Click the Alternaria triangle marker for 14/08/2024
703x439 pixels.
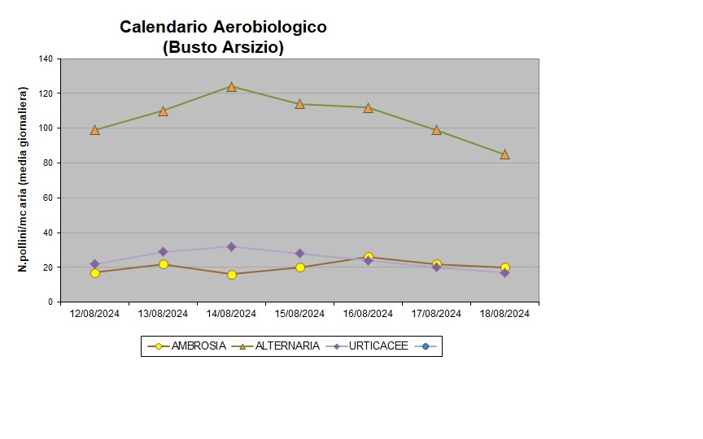tap(232, 86)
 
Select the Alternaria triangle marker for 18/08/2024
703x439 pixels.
tap(505, 154)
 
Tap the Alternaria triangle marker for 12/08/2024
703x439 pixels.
tap(95, 129)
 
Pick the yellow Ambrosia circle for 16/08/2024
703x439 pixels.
tap(369, 258)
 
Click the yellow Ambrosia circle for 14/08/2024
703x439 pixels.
tap(232, 275)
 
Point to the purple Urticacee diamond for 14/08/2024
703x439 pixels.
tap(232, 246)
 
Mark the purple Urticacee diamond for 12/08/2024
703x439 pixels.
tap(95, 264)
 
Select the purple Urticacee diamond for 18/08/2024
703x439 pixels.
tap(505, 273)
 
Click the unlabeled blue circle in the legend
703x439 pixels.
tap(426, 346)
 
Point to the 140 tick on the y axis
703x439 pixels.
tap(46, 59)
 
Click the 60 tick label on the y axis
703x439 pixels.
tap(48, 198)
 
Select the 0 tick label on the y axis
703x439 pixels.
tap(50, 302)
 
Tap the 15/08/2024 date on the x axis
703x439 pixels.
tap(300, 313)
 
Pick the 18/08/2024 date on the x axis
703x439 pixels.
tap(505, 313)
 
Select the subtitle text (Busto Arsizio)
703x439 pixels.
tap(223, 47)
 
